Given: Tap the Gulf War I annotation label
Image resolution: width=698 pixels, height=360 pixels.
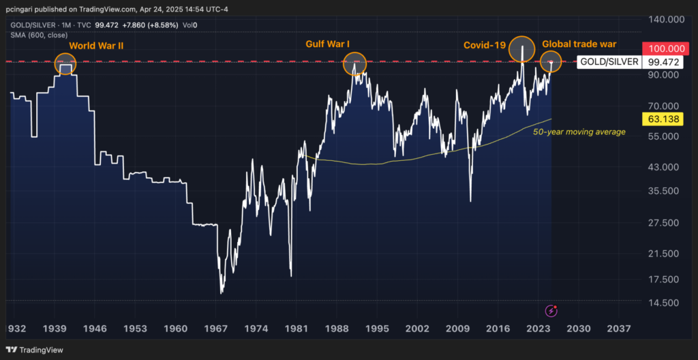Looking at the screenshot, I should tap(328, 45).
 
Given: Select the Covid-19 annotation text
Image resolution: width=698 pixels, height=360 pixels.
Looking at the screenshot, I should tap(484, 45).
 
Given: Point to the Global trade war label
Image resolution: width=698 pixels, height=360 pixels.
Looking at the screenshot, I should tap(579, 44).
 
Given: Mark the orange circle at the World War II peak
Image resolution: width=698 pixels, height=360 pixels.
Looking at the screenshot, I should tap(65, 64).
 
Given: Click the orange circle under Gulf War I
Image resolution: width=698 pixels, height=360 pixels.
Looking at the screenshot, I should tap(354, 64).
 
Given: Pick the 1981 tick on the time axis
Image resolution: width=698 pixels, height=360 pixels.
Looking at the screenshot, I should tap(295, 329).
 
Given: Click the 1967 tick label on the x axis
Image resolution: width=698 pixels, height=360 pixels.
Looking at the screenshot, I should tap(216, 329).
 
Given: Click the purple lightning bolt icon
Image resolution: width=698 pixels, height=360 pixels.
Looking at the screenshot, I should tap(551, 311).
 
